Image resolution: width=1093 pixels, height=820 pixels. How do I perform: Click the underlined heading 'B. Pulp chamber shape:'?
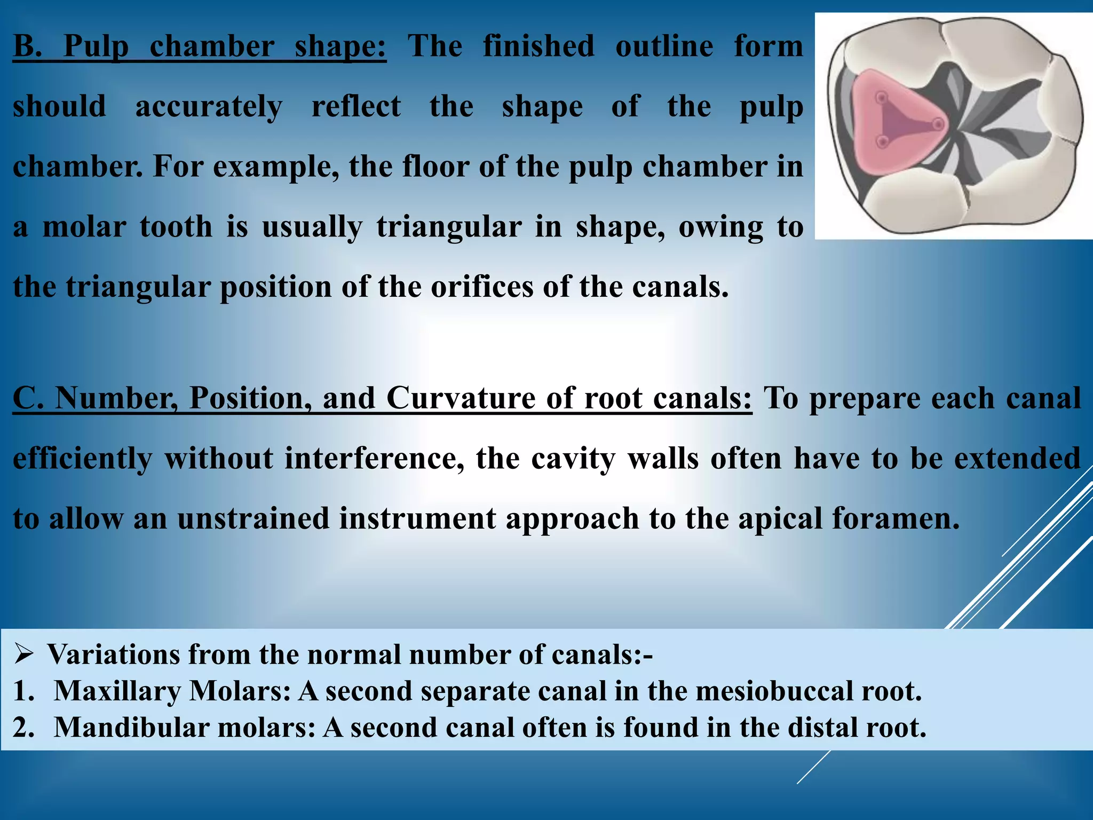(199, 46)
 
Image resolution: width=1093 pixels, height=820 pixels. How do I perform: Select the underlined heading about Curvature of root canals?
(382, 398)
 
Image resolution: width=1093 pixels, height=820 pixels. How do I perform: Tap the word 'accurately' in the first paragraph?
(209, 107)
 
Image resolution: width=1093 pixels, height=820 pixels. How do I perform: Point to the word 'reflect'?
(356, 107)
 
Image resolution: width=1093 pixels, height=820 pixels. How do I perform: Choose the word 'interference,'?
(374, 459)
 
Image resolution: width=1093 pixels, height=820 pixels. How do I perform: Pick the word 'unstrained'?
(254, 519)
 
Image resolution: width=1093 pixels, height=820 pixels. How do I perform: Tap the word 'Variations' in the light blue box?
(114, 655)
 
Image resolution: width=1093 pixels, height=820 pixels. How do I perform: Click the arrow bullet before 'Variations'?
(25, 655)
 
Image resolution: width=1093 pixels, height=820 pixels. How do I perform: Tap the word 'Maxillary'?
(117, 691)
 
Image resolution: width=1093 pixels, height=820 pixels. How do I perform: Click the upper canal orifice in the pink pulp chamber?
(882, 98)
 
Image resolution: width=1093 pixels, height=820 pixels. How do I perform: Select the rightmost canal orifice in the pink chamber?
(938, 125)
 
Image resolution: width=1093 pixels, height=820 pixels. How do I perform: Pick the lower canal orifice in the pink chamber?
(883, 142)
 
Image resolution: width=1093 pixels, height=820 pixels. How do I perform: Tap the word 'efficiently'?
(82, 459)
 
